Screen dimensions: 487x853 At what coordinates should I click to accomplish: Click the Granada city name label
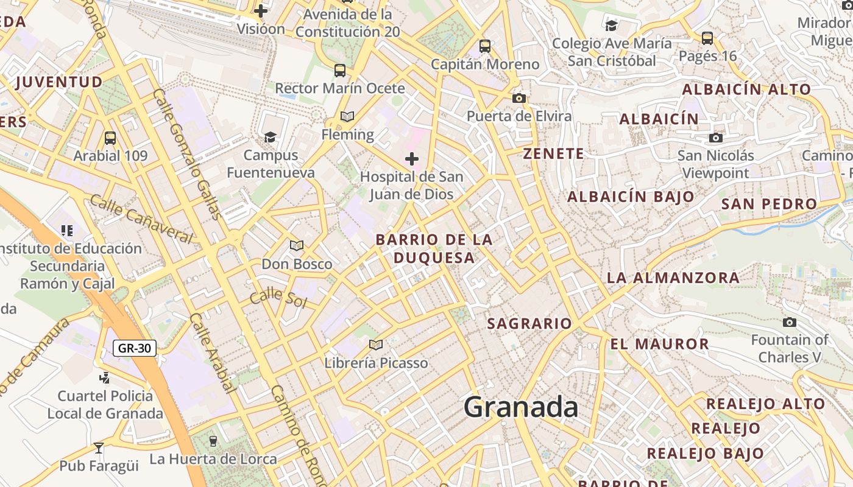click(521, 407)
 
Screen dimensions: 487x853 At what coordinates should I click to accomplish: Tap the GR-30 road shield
click(135, 348)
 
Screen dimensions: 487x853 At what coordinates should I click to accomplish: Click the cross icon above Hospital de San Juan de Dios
click(412, 159)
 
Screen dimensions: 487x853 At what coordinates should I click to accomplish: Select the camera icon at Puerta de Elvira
click(519, 98)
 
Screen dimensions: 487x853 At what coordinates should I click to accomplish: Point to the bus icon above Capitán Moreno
click(485, 46)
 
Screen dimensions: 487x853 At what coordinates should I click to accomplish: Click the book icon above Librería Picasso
click(376, 345)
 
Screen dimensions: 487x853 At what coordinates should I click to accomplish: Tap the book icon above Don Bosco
click(297, 245)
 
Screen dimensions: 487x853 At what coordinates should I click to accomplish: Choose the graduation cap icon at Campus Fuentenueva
click(270, 137)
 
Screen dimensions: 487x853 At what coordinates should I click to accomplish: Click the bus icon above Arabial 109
click(110, 138)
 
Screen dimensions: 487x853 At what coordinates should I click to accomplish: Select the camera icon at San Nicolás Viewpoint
click(716, 138)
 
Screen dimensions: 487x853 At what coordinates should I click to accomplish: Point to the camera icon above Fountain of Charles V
click(790, 322)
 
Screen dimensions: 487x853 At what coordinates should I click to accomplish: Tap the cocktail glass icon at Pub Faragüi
click(99, 448)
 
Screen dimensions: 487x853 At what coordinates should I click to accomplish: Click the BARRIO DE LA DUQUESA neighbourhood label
click(434, 248)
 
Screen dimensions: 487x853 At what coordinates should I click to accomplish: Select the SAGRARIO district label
click(529, 323)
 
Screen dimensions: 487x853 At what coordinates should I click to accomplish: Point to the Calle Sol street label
click(277, 298)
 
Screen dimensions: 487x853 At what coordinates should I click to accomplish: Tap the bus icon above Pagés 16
click(707, 38)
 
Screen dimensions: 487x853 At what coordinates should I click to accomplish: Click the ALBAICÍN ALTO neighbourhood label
click(746, 89)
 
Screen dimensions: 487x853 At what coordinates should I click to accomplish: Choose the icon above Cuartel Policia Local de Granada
click(105, 377)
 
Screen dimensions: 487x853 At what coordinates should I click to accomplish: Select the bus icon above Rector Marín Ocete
click(340, 71)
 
